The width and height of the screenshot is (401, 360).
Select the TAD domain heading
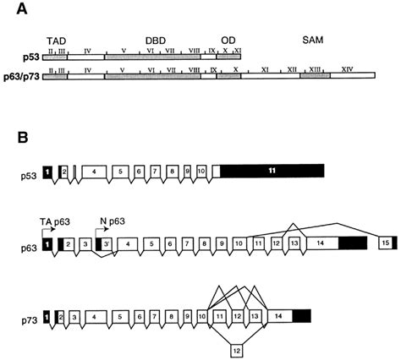(x=56, y=39)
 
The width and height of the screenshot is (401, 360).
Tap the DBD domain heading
(x=155, y=39)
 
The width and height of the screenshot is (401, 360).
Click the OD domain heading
(x=228, y=39)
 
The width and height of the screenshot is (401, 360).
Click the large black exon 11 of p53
(x=272, y=171)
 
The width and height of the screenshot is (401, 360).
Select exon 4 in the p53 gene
(x=94, y=172)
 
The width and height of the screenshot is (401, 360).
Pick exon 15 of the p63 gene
(x=386, y=243)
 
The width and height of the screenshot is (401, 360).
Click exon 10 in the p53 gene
(x=200, y=172)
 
